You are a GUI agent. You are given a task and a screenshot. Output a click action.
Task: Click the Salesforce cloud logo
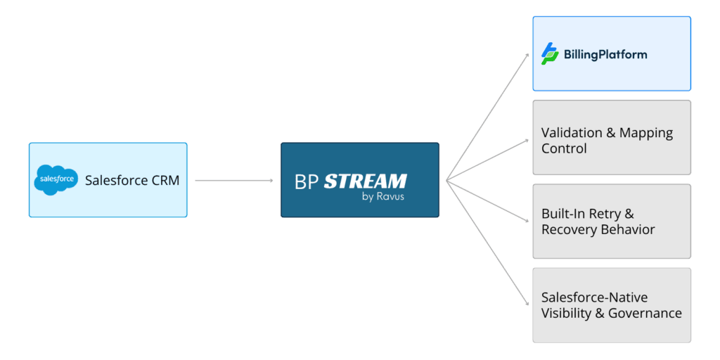[x=55, y=181]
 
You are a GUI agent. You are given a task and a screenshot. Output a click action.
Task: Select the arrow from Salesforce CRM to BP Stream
[x=233, y=181]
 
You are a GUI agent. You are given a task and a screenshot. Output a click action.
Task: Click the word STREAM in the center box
[x=365, y=181]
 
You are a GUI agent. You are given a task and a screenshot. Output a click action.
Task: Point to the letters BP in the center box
[x=306, y=181]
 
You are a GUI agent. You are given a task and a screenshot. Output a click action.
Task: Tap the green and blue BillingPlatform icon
[x=550, y=53]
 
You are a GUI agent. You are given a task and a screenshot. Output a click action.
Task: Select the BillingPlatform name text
[x=605, y=54]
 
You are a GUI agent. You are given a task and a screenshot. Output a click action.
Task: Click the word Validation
[x=572, y=133]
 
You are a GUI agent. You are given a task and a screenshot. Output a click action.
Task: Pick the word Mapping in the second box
[x=646, y=133]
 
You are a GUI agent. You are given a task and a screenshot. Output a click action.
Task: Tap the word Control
[x=564, y=149]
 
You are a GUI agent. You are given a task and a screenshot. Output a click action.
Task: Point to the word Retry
[x=611, y=214]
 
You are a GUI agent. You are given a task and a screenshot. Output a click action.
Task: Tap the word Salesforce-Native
[x=594, y=297]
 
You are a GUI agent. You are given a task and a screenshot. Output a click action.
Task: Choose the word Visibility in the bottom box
[x=567, y=314]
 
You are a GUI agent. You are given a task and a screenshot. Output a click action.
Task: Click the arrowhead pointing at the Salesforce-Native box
[x=527, y=304]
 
